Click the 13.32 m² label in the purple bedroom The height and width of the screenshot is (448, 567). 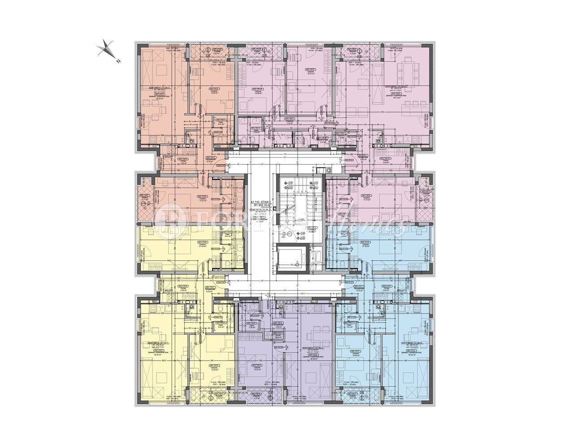pyautogui.click(x=256, y=370)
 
